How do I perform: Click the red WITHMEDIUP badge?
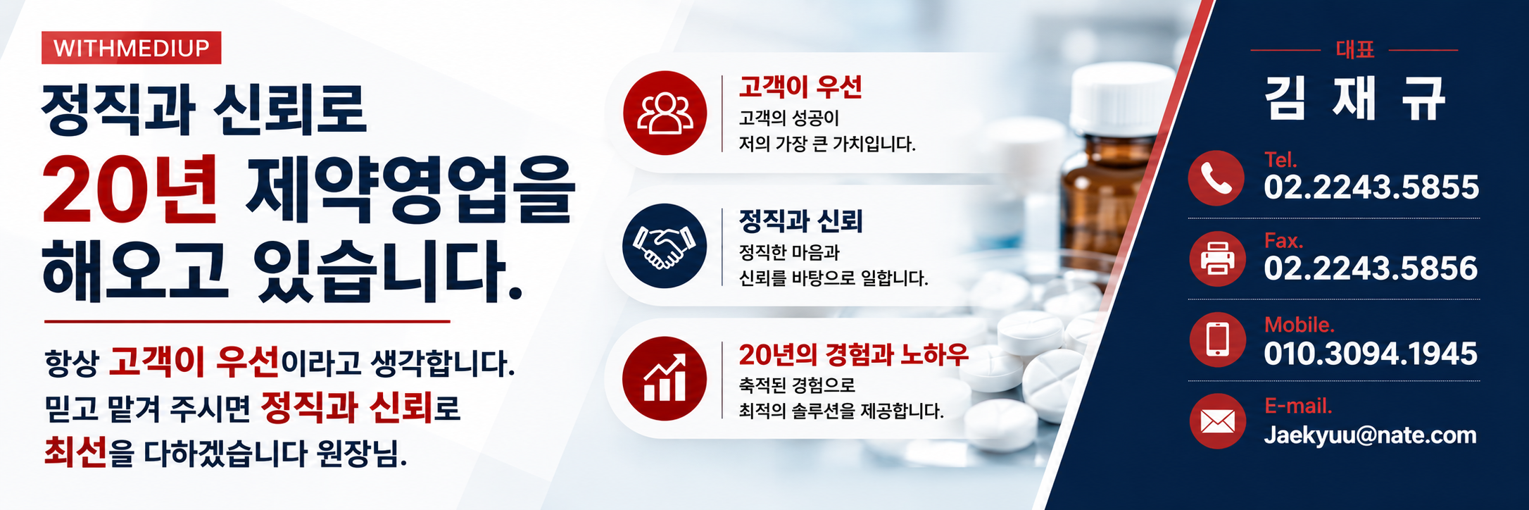coord(131,48)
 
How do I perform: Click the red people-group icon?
coord(665,113)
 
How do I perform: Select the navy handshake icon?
coord(665,246)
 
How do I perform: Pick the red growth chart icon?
coord(665,379)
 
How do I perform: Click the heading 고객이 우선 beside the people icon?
coord(800,87)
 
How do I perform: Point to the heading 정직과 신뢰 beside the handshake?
coord(800,221)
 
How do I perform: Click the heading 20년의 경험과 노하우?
coord(853,355)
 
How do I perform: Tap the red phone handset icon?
coord(1216,178)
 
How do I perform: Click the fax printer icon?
coord(1217,259)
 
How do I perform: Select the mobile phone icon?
coord(1217,340)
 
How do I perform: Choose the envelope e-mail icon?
coord(1217,421)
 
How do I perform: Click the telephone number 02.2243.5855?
coord(1371,187)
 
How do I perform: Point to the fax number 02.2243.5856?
coord(1371,268)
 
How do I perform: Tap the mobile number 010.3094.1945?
coord(1371,354)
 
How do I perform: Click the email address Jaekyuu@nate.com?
coord(1370,435)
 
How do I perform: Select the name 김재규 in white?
coord(1355,99)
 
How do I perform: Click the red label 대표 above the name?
coord(1355,49)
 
